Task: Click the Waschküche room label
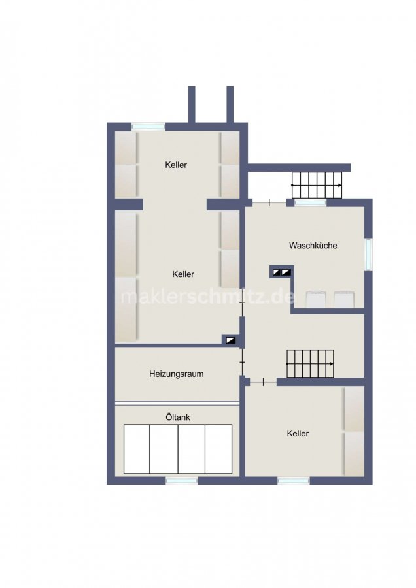[313, 246]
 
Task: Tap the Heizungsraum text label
[176, 374]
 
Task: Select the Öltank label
[178, 417]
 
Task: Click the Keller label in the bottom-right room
[298, 434]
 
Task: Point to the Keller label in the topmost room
[176, 165]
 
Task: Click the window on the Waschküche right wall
[369, 254]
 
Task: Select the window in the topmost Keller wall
[148, 127]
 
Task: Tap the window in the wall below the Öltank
[182, 481]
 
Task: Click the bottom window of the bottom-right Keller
[294, 481]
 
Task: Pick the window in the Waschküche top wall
[311, 203]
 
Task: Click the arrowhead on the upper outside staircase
[339, 186]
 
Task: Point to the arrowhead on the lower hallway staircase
[332, 364]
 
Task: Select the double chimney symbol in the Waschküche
[282, 272]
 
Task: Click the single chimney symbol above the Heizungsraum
[230, 340]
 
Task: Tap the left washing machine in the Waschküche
[315, 299]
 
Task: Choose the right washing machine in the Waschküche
[344, 299]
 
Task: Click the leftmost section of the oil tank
[137, 449]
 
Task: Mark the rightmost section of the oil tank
[218, 449]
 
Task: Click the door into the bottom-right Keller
[264, 382]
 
